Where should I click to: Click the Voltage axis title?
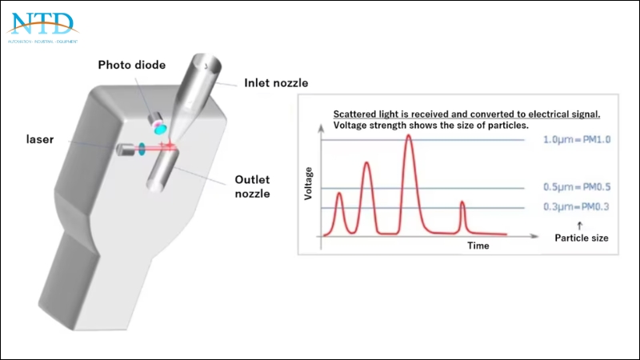[x=309, y=183]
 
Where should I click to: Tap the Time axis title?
[x=478, y=246]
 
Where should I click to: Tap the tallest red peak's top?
[x=409, y=136]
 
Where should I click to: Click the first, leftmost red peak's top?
[x=339, y=194]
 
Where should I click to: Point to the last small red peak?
[x=462, y=203]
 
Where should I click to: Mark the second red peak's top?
[x=366, y=163]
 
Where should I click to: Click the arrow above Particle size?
[x=578, y=226]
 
